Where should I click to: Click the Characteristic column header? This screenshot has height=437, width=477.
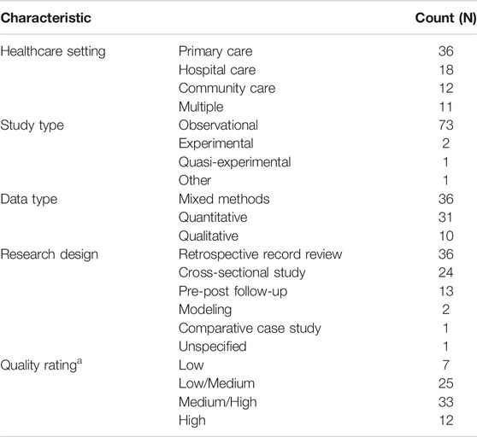coord(45,18)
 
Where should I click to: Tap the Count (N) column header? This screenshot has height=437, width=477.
coord(446,18)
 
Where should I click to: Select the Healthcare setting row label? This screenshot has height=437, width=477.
coord(53,51)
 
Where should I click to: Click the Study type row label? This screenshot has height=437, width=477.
coord(32,125)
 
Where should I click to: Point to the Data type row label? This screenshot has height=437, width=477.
coord(29,199)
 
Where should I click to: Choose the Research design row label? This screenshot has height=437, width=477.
coord(50,254)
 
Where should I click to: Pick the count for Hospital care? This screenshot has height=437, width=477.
coord(446,70)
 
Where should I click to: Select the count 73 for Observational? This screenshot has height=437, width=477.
coord(446,125)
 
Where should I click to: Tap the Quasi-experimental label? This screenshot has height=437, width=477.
coord(235,162)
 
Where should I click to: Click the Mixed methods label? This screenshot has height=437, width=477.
coord(224,199)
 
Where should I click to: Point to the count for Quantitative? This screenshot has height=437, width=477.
coord(445,218)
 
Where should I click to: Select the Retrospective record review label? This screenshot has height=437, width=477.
coord(261,254)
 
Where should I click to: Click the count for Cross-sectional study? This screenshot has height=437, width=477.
coord(446,273)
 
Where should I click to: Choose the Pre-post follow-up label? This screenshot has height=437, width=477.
coord(233,292)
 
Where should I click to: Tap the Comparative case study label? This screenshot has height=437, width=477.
coord(250,329)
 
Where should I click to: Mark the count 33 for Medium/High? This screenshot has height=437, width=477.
coord(446,402)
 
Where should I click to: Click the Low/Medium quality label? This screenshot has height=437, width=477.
coord(216,383)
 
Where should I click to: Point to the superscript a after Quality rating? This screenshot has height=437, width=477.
coord(79,361)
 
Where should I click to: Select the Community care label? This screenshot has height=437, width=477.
coord(227,89)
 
